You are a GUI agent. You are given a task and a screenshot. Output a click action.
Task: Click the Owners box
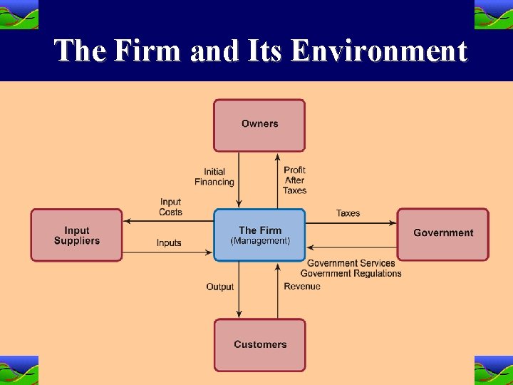click(259, 125)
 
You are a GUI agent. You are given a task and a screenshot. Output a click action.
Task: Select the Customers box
click(259, 345)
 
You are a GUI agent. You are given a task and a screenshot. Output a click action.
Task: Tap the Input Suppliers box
click(76, 235)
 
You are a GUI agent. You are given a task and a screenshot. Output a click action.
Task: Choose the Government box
click(442, 233)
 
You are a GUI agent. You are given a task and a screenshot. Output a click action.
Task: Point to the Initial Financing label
click(214, 177)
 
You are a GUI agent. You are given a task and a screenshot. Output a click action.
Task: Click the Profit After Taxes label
click(294, 180)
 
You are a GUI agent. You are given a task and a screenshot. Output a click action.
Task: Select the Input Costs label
click(170, 207)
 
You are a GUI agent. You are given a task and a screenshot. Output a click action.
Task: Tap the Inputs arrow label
click(169, 243)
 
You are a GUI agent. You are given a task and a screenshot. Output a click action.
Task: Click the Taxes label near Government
click(348, 213)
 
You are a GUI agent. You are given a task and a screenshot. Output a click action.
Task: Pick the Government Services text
click(351, 263)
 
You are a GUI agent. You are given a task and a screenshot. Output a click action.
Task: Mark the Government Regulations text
click(351, 273)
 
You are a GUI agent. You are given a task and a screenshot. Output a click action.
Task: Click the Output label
click(219, 287)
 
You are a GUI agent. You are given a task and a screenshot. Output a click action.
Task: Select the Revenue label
click(302, 287)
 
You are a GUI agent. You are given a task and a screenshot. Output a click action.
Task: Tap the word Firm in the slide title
click(150, 51)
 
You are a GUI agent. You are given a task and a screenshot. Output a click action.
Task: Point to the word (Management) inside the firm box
click(260, 241)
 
